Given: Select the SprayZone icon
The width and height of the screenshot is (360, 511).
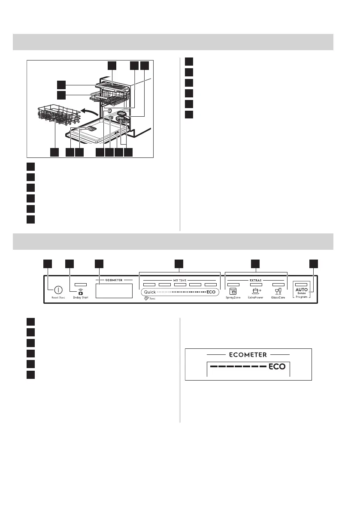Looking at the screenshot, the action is (x=233, y=291).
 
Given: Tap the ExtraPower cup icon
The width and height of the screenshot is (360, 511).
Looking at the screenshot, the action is (x=257, y=290).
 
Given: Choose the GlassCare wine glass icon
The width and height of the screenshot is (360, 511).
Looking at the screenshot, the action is (x=278, y=290).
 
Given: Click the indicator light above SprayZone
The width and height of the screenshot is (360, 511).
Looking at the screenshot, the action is (x=233, y=284).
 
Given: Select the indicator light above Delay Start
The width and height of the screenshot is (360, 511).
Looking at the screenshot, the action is (x=81, y=284).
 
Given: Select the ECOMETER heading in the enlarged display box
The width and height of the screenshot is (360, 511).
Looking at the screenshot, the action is (x=248, y=355).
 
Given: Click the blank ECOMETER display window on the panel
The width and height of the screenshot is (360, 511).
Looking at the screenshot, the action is (x=114, y=290).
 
